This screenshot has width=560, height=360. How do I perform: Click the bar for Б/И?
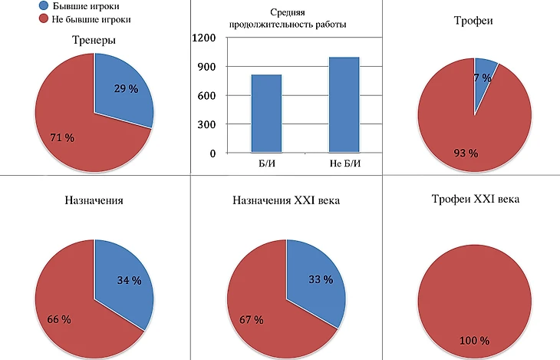click(265, 114)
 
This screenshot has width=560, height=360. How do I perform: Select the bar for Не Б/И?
click(344, 104)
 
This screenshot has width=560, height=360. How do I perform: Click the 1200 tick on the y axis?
click(203, 38)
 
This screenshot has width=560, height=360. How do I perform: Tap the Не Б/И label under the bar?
click(344, 163)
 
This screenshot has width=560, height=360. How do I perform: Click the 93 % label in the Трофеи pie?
click(466, 153)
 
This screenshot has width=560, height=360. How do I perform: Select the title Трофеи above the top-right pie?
click(474, 21)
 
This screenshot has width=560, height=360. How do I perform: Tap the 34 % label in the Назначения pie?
click(128, 281)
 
